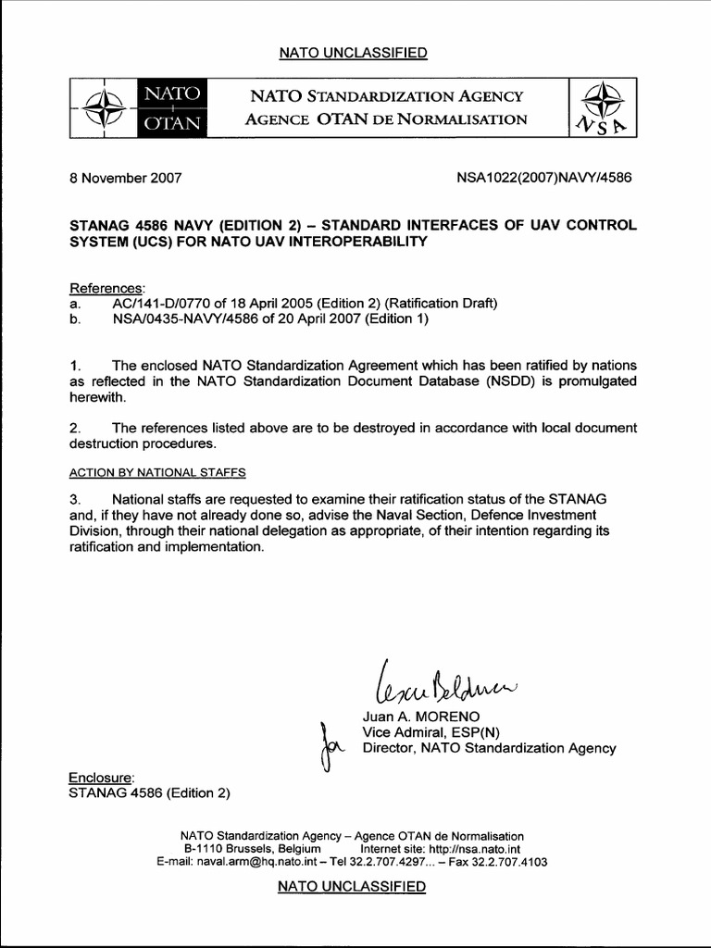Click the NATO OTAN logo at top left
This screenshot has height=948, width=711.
click(141, 107)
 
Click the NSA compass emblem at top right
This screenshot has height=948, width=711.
click(601, 108)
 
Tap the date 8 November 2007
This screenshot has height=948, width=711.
click(126, 177)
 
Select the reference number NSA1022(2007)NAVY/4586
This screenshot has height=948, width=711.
click(544, 177)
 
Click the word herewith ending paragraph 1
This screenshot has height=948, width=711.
click(96, 396)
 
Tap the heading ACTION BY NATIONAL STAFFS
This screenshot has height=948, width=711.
click(157, 472)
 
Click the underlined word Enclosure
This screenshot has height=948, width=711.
click(102, 777)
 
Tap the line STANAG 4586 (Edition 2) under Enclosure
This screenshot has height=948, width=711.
click(150, 792)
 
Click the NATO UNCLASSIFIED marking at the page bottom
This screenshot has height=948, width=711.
click(352, 887)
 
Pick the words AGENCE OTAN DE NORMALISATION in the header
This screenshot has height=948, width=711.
click(386, 119)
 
